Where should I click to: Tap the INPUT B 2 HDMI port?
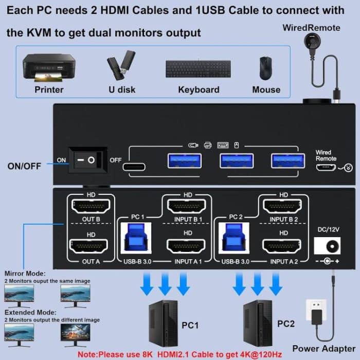click(282, 207)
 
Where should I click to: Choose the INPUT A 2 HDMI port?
click(282, 245)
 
